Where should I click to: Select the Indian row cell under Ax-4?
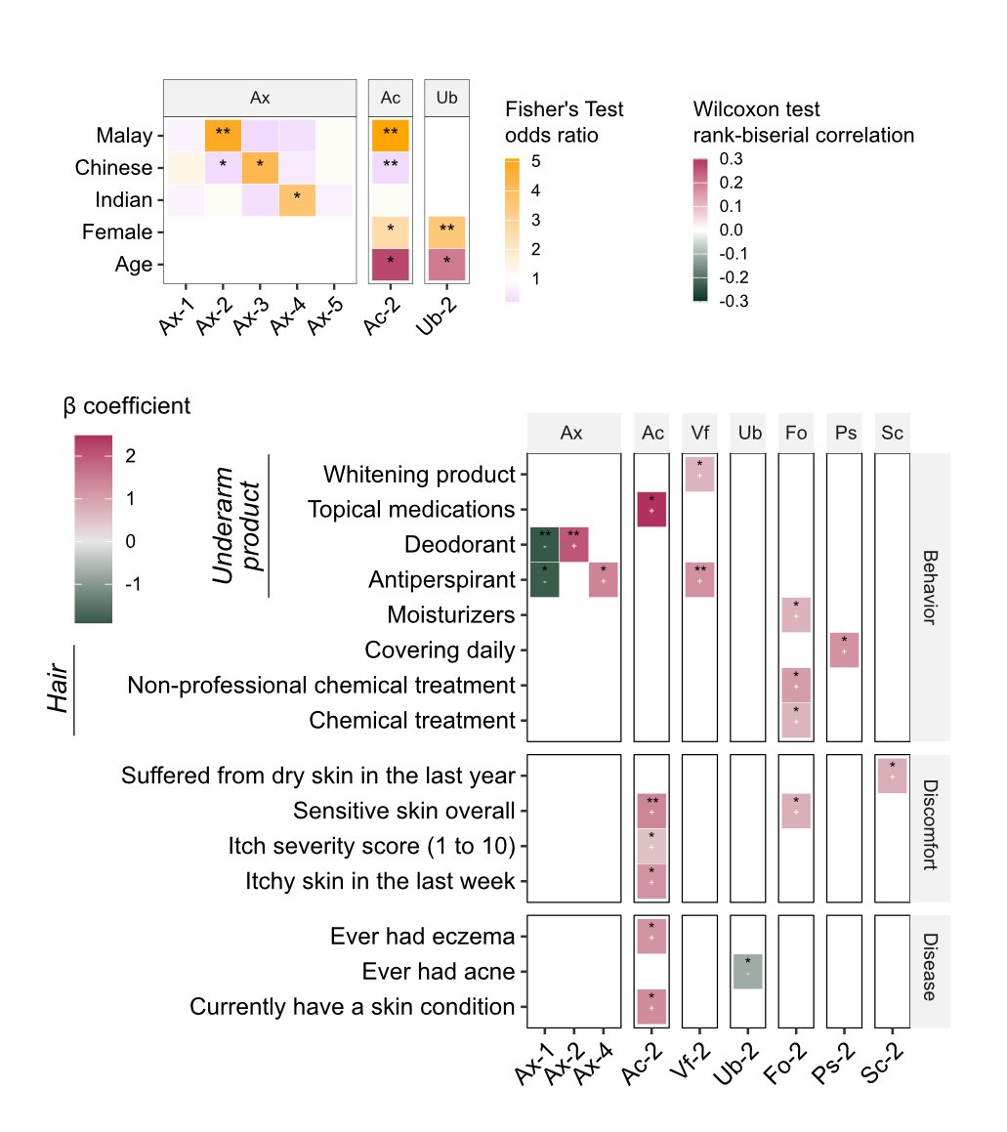point(297,200)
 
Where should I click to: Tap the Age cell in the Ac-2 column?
point(391,265)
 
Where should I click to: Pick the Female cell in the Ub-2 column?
point(446,232)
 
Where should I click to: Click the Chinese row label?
point(113,168)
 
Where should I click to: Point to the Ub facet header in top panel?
point(446,98)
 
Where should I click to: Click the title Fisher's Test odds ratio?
point(564,122)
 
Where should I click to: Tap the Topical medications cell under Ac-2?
point(650,509)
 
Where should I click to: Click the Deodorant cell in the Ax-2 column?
point(573,544)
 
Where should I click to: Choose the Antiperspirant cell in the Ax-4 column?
point(603,579)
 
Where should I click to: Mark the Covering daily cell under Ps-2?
point(844,650)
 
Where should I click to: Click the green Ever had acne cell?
point(747,972)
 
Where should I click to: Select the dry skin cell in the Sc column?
point(892,776)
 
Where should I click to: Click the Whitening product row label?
point(419,475)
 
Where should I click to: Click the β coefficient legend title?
point(127,406)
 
